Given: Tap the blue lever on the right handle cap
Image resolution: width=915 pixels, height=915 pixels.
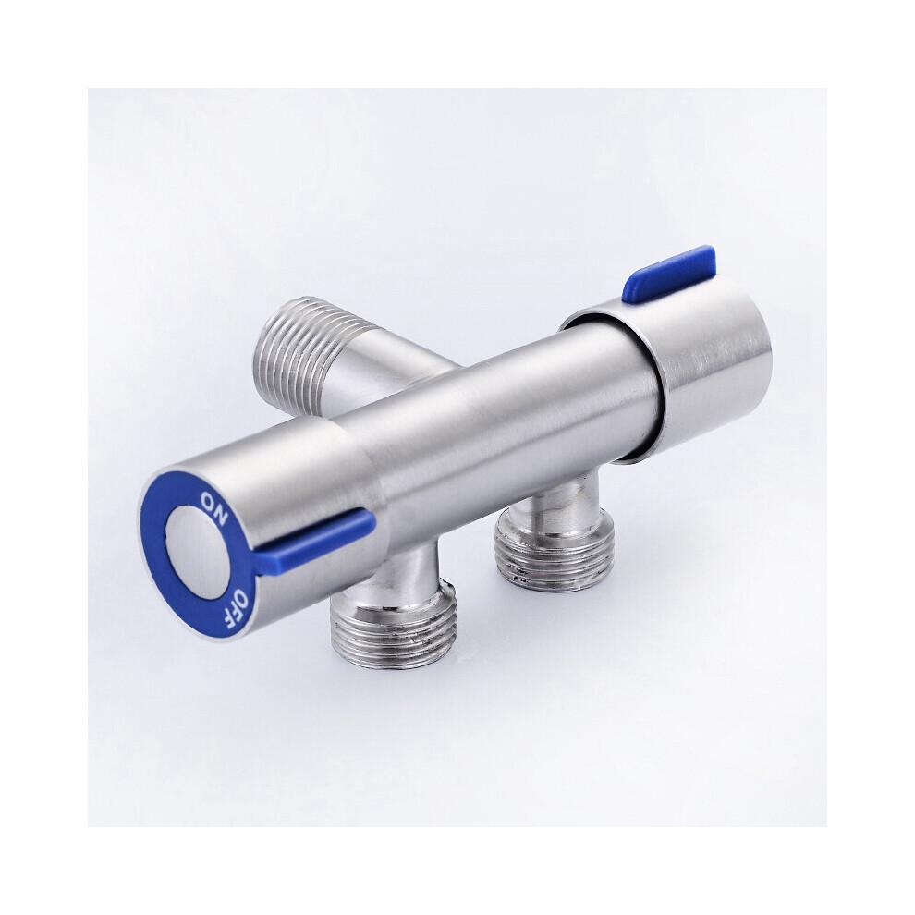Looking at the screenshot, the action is click(671, 276).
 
